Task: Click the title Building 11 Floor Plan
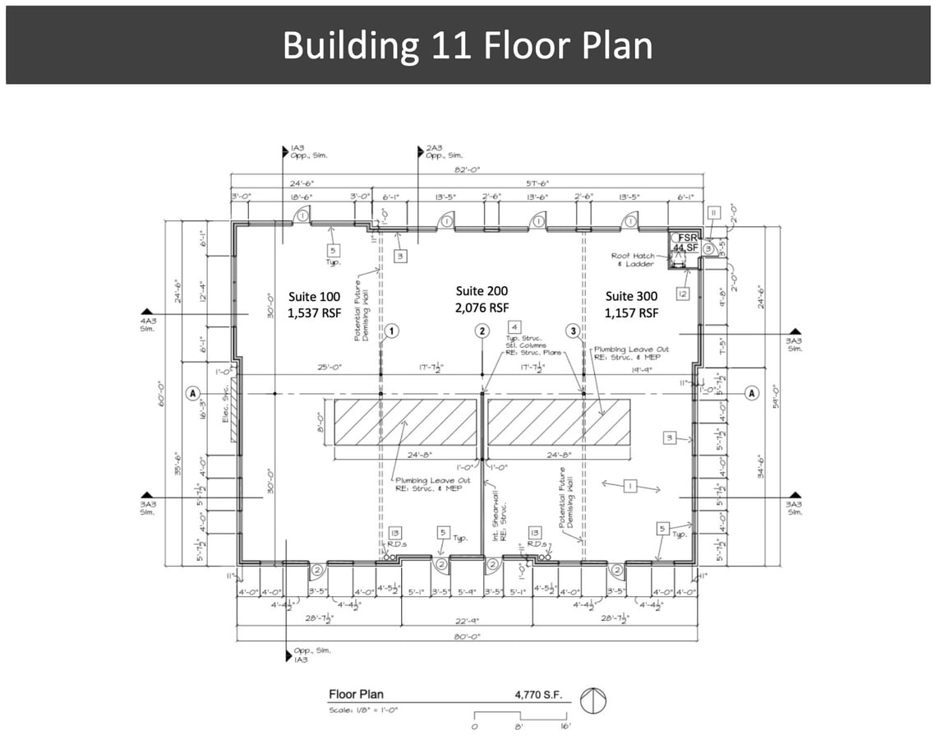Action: (x=468, y=45)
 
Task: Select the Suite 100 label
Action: (x=313, y=304)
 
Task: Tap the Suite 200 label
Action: (x=482, y=299)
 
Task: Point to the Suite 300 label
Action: (x=632, y=304)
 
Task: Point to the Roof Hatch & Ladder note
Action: (x=633, y=260)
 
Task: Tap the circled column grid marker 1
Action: (x=392, y=331)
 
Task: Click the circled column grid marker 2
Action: (x=482, y=331)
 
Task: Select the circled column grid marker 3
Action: (x=574, y=331)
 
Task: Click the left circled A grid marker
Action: (x=193, y=393)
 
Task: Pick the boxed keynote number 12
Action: (x=683, y=294)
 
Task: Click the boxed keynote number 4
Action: (x=514, y=326)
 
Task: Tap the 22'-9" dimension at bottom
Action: (x=467, y=621)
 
